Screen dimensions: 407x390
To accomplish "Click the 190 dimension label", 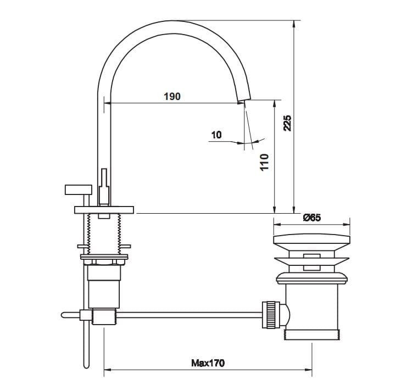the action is click(x=172, y=97).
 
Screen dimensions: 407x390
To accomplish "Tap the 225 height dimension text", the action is click(x=287, y=123).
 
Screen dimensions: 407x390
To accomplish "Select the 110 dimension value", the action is click(x=264, y=162).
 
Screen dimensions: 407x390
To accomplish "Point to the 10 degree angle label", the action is click(x=216, y=135).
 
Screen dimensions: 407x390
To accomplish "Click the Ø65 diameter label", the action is click(x=312, y=218).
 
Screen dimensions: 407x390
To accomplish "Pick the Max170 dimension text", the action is click(x=208, y=363).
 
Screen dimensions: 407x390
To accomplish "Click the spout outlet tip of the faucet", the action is click(x=244, y=100).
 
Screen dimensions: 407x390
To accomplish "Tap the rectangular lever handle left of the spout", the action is click(x=78, y=190).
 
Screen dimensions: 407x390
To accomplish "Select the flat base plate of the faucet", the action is click(x=104, y=210).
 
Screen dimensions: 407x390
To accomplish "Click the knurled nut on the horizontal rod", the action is click(x=270, y=315).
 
